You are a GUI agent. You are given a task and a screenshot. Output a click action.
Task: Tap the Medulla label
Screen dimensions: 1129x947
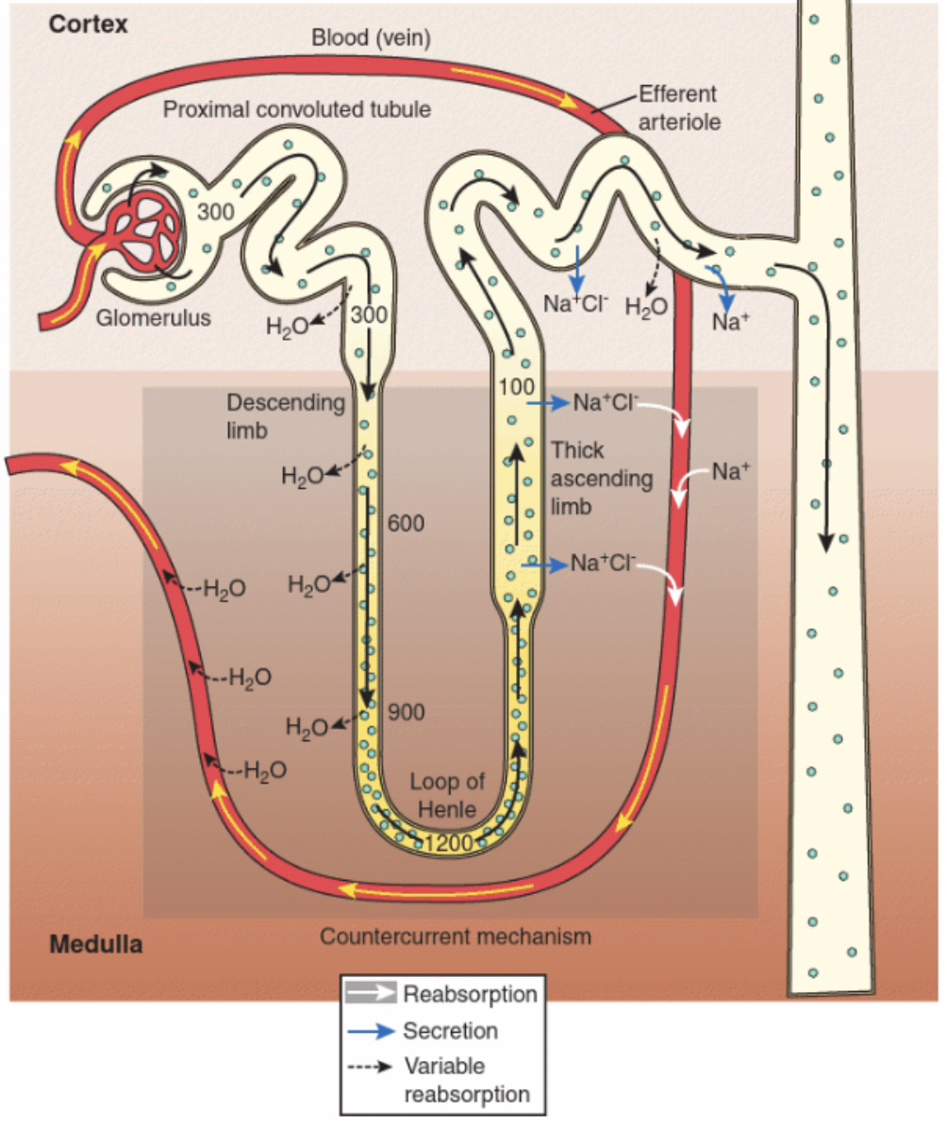pyautogui.click(x=96, y=942)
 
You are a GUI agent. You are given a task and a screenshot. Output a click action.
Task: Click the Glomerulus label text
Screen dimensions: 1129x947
pyautogui.click(x=154, y=317)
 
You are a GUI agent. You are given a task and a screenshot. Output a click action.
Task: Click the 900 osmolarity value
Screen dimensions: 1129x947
pyautogui.click(x=407, y=713)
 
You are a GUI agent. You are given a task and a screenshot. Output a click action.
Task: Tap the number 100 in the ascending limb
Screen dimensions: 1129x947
pyautogui.click(x=516, y=386)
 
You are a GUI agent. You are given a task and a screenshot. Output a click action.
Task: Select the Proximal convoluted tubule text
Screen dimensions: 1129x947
pyautogui.click(x=297, y=110)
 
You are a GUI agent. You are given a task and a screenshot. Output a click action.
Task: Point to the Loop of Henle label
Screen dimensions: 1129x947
pyautogui.click(x=446, y=796)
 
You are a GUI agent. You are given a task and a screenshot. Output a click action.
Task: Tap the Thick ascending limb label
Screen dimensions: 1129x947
pyautogui.click(x=602, y=479)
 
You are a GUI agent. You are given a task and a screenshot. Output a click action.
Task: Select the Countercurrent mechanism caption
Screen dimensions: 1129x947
pyautogui.click(x=455, y=937)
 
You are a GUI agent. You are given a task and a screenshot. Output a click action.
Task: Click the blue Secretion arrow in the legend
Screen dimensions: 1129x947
pyautogui.click(x=372, y=1030)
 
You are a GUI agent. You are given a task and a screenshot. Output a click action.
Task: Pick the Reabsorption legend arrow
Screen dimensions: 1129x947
pyautogui.click(x=372, y=994)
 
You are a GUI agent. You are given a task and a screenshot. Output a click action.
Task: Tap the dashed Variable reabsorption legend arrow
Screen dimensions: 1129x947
pyautogui.click(x=372, y=1067)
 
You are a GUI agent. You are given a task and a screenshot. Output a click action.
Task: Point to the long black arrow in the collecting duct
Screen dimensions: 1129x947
pyautogui.click(x=826, y=425)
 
